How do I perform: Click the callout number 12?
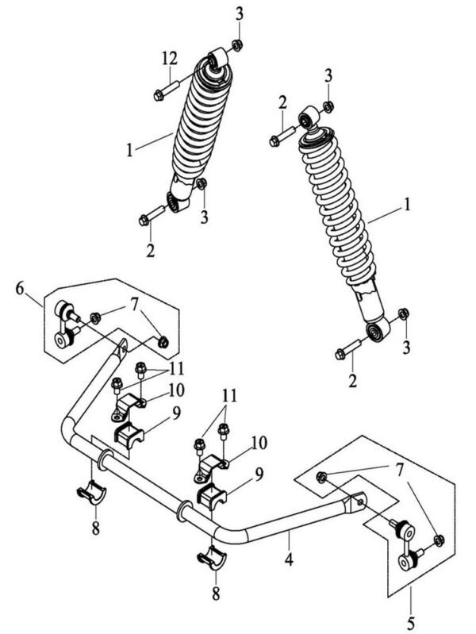[x=170, y=59]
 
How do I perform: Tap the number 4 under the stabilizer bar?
[x=288, y=559]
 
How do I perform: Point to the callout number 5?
[x=411, y=624]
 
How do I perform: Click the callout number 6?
[x=20, y=290]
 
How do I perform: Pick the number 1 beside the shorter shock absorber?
[x=129, y=151]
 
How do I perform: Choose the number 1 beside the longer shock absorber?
[x=407, y=204]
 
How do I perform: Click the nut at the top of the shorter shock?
[x=238, y=45]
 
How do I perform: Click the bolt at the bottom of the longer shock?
[x=347, y=350]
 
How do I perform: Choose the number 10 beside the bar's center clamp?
[x=259, y=443]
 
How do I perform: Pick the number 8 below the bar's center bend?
[x=216, y=594]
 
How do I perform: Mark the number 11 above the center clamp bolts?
[x=228, y=396]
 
